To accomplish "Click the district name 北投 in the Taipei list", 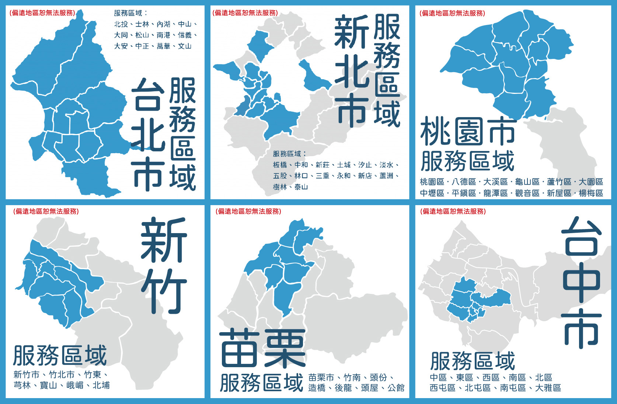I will point(121,24).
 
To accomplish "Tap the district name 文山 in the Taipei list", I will point(185,46).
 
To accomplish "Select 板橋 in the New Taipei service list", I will point(280,165).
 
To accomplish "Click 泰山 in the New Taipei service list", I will point(301,187).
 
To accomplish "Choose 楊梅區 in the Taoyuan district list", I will point(591,193).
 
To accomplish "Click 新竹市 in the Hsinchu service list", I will point(27,375).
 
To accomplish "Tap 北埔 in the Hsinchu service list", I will point(101,386).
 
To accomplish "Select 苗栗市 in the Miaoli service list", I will point(321,377).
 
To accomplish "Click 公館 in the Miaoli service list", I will point(396,388).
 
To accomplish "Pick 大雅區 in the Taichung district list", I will point(548,388).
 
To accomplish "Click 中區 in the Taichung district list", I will point(438,377).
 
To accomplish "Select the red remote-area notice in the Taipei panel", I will point(42,13).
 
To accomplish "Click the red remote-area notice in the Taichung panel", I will point(453,211).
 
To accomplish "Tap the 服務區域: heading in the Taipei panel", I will point(130,13).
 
